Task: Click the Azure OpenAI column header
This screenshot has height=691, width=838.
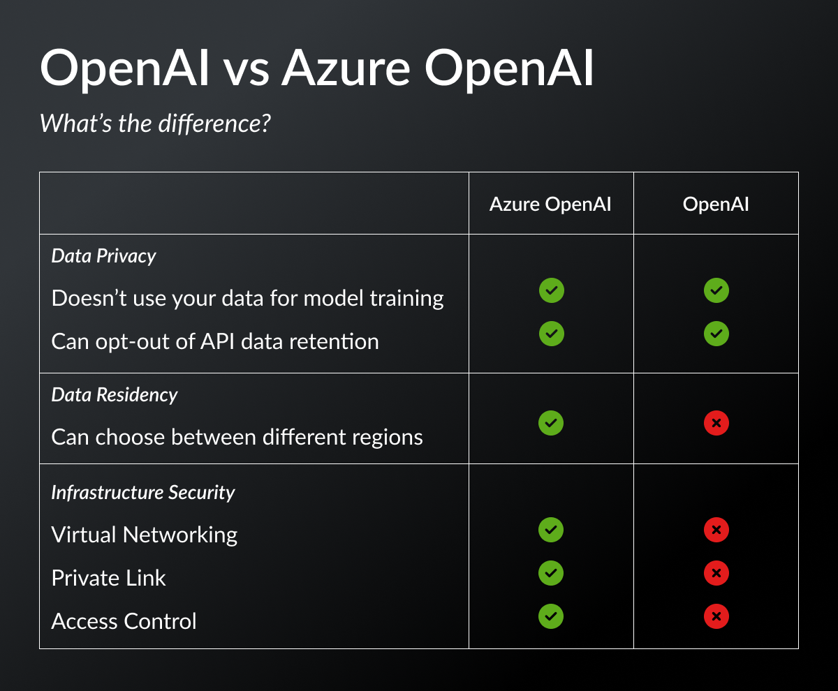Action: point(550,205)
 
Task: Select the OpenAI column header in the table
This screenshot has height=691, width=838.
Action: point(716,205)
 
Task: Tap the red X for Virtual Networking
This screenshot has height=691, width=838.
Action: point(716,530)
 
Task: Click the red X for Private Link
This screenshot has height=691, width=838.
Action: point(716,574)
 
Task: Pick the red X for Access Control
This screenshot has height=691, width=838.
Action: point(716,616)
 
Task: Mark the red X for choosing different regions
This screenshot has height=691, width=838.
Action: point(716,423)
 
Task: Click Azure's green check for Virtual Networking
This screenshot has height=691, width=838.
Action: point(551,530)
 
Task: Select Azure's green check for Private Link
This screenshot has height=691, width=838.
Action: point(551,574)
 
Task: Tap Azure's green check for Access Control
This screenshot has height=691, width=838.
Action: point(551,616)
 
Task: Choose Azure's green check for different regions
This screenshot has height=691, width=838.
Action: point(551,423)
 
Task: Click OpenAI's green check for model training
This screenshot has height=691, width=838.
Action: point(716,290)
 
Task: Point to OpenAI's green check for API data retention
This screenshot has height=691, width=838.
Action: point(716,334)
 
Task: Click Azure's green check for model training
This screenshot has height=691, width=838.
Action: point(551,290)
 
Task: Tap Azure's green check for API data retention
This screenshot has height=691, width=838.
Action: point(551,334)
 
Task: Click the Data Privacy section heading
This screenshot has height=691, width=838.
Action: point(103,256)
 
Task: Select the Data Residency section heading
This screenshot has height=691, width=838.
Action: point(115,395)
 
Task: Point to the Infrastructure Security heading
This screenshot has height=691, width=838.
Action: point(142,493)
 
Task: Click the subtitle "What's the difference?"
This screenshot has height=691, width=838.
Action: point(154,124)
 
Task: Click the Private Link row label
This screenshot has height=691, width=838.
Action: point(108,578)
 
